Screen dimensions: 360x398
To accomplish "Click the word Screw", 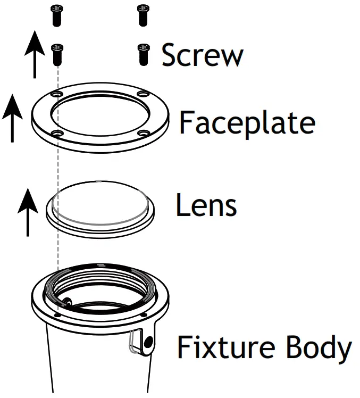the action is [x=203, y=55].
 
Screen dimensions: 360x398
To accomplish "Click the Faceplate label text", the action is [x=247, y=122].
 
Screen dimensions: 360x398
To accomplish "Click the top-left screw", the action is [x=56, y=14].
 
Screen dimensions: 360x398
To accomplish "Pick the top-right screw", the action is [x=143, y=14].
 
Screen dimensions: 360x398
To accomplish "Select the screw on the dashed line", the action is [x=57, y=54].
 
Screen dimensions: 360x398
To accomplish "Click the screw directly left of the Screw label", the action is [x=143, y=54].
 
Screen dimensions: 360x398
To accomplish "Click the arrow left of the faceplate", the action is [x=12, y=119].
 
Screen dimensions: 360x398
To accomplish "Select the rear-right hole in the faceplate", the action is [x=142, y=94].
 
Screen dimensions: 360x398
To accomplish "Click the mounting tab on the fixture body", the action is [x=143, y=341].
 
